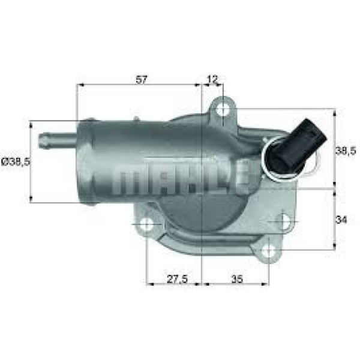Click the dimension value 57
142,79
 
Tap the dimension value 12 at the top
212,79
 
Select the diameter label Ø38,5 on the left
14,161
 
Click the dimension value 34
341,220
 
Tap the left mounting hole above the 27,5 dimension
146,225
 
